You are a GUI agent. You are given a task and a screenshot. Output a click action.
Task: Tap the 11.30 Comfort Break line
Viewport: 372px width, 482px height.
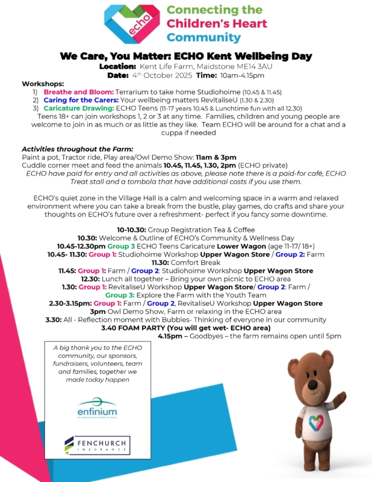click(x=186, y=263)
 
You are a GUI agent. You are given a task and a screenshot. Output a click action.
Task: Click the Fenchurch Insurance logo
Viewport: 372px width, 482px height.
click(x=97, y=446)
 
